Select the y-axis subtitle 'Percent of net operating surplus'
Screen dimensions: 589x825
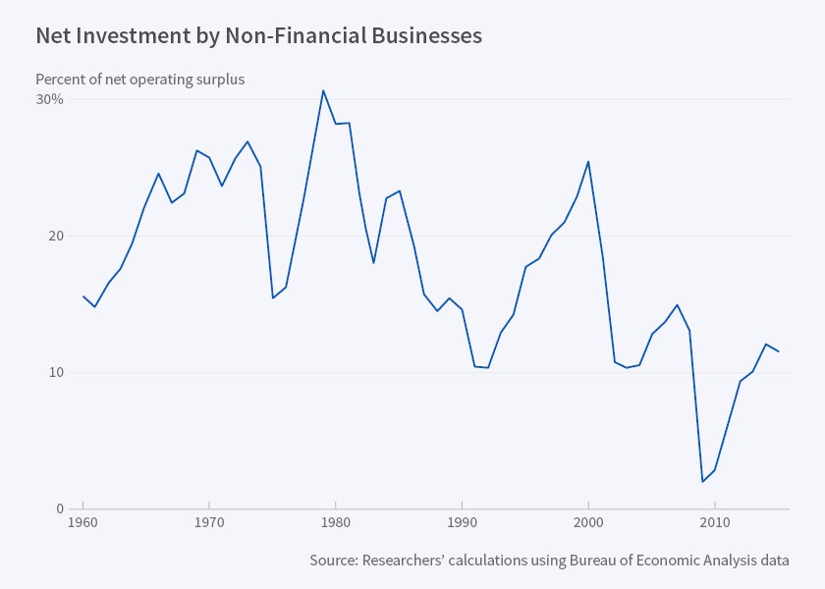[x=139, y=80]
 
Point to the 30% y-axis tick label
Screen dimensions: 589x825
[x=50, y=99]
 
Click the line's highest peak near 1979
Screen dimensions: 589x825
[x=323, y=90]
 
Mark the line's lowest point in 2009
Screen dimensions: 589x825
[x=702, y=481]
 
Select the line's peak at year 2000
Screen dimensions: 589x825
[x=588, y=161]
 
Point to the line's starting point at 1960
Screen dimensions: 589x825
[x=83, y=296]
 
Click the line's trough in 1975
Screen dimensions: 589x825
[x=272, y=297]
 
